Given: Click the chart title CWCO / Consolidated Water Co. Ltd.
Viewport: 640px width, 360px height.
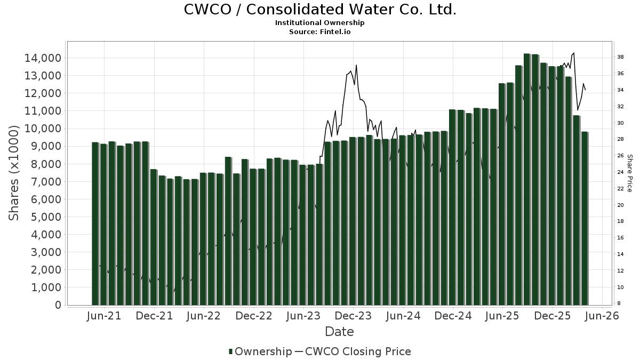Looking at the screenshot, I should [x=320, y=10].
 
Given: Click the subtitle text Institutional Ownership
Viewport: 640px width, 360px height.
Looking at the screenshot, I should [x=320, y=23].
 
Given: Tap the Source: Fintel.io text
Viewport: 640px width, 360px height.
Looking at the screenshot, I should [x=320, y=31].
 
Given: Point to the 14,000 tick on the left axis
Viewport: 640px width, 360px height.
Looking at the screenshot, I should [x=43, y=58].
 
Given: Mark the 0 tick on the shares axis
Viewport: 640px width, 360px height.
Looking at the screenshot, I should [x=58, y=305].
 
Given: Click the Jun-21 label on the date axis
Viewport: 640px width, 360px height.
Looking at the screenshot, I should [x=104, y=316].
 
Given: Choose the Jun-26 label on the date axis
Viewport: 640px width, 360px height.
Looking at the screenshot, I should [x=602, y=316].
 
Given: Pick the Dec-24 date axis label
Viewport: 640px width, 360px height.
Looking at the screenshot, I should [x=453, y=316].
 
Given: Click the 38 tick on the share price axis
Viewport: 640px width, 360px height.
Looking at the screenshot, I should [x=621, y=57].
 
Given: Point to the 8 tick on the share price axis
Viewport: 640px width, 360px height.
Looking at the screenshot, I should [x=619, y=303].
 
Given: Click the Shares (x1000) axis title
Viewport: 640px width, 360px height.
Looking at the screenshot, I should [x=14, y=173].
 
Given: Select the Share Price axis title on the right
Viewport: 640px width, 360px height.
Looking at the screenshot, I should [x=629, y=173].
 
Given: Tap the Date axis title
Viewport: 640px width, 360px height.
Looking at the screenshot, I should [x=340, y=332].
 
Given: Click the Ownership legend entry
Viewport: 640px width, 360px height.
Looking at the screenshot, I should [x=260, y=351].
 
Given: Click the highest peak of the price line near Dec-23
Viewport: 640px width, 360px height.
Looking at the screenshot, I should [x=356, y=66].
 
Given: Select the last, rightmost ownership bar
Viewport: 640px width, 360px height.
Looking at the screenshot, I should [x=585, y=219].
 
